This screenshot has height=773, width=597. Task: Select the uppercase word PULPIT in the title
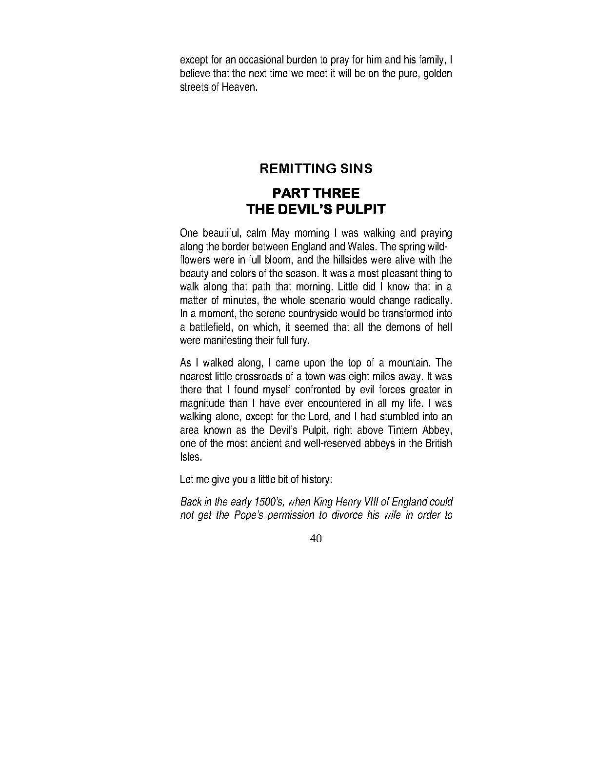click(x=361, y=210)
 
